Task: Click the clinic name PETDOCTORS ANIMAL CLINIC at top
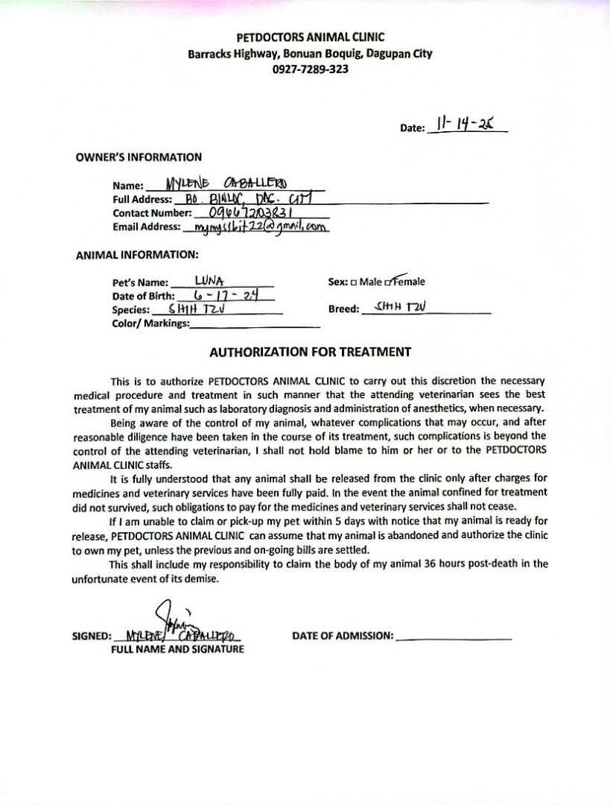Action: pyautogui.click(x=310, y=37)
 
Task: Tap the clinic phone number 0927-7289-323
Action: pyautogui.click(x=310, y=69)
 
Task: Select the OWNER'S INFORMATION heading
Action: pyautogui.click(x=139, y=157)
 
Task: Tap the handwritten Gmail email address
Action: pyautogui.click(x=260, y=227)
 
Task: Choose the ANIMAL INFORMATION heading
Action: pyautogui.click(x=136, y=255)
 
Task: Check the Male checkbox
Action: pyautogui.click(x=355, y=282)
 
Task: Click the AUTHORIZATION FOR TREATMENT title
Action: pyautogui.click(x=310, y=352)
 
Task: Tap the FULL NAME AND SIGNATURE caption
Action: pyautogui.click(x=177, y=649)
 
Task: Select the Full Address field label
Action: pyautogui.click(x=142, y=200)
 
